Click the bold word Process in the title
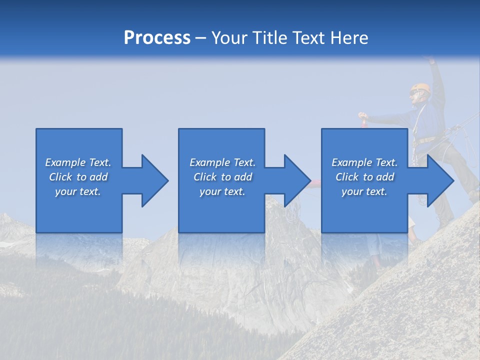pyautogui.click(x=157, y=38)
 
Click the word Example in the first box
pyautogui.click(x=65, y=162)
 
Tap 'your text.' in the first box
pyautogui.click(x=78, y=191)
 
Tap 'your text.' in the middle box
pyautogui.click(x=222, y=191)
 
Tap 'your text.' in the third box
pyautogui.click(x=364, y=191)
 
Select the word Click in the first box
pyautogui.click(x=60, y=177)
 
